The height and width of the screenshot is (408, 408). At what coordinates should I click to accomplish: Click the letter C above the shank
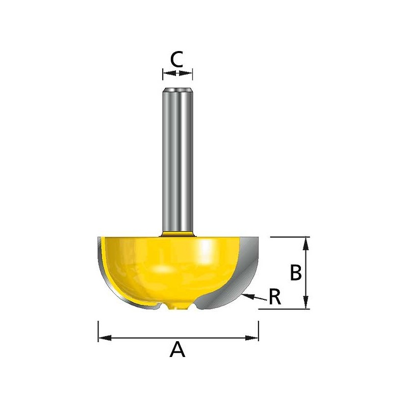tap(177, 59)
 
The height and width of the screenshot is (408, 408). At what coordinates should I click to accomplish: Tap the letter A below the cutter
tap(177, 350)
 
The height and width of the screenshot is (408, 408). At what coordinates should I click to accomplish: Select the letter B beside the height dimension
tap(296, 273)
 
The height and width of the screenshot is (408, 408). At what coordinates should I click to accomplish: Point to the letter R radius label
tap(275, 297)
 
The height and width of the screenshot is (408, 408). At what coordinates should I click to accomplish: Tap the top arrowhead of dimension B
tap(305, 243)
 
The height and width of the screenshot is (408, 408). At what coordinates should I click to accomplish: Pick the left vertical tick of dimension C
tap(163, 74)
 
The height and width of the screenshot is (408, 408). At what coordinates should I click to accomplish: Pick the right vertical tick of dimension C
tap(192, 74)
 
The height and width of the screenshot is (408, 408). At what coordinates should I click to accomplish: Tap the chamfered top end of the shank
tap(177, 91)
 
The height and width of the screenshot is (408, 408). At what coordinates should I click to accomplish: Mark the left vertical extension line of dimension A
tap(98, 331)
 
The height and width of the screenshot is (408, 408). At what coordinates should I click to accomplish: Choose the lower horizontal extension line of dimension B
tap(286, 309)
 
